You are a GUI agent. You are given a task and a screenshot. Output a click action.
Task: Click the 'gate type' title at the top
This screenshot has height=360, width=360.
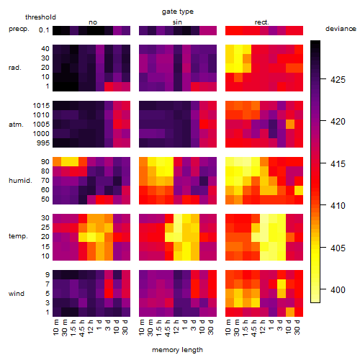[178, 12]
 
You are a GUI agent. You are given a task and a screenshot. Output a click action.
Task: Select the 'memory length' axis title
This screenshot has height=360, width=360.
[177, 350]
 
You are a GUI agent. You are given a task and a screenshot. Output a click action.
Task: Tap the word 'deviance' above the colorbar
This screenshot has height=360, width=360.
[341, 29]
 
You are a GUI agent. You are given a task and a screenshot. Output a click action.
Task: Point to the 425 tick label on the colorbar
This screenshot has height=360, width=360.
[338, 79]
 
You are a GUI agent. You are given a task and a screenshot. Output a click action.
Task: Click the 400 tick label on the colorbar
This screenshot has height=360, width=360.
[338, 289]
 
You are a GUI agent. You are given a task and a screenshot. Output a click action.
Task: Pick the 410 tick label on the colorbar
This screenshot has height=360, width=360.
[338, 205]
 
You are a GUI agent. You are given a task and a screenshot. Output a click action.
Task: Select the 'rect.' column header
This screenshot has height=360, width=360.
[261, 22]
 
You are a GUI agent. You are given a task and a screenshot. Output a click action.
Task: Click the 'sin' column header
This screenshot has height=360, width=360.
[177, 22]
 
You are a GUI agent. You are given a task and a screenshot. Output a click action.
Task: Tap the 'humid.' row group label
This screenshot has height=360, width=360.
[20, 181]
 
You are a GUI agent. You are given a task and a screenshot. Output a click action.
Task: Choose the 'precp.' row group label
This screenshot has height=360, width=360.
[19, 29]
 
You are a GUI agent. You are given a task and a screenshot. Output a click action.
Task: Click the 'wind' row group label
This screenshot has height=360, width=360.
[17, 294]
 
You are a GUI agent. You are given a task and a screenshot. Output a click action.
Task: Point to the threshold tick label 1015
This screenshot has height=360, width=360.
[41, 106]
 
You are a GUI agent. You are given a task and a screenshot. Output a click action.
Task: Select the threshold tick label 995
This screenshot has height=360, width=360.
[43, 143]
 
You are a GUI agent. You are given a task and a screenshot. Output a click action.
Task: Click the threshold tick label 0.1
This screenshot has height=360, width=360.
[44, 30]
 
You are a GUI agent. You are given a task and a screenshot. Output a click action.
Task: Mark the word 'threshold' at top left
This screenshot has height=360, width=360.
[40, 17]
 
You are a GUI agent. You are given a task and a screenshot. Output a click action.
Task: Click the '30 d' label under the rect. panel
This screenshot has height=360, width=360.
[297, 327]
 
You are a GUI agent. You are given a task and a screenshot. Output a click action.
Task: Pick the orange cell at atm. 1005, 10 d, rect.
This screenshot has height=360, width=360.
[290, 125]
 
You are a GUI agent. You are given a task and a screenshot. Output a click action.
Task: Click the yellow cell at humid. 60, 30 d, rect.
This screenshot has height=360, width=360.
[299, 190]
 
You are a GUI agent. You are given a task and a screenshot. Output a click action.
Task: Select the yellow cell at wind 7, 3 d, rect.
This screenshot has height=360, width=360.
[282, 284]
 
